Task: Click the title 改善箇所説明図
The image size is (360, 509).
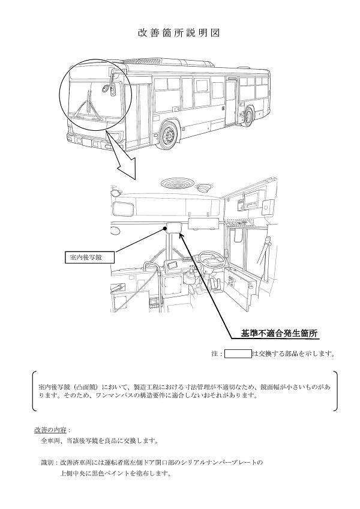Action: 179,32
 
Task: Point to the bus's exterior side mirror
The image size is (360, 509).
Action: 108,88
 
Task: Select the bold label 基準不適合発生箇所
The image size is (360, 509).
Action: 278,332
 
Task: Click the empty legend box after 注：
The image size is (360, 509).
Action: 238,354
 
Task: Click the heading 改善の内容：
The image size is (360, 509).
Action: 52,430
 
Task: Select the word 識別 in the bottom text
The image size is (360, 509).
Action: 47,463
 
